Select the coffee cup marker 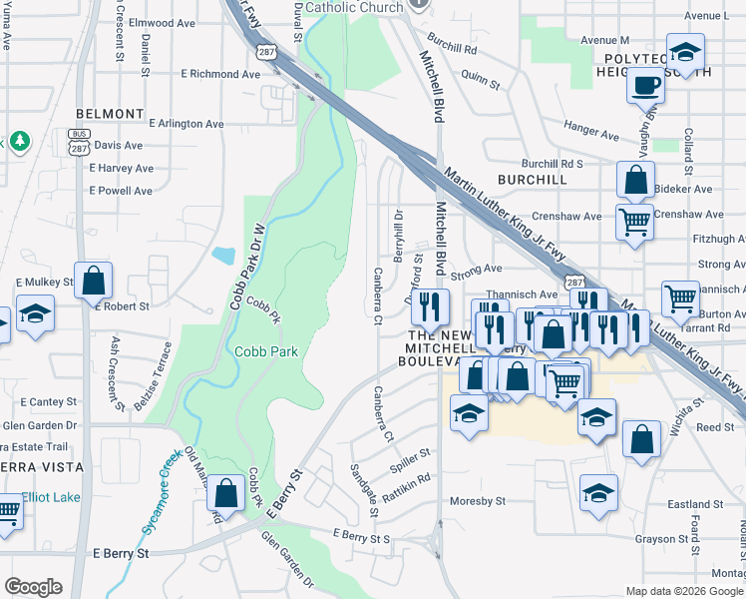(x=645, y=85)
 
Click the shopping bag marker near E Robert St (x=93, y=281)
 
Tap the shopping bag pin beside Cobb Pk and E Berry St (x=227, y=492)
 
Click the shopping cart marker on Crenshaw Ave (x=634, y=221)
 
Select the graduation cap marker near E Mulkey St (x=35, y=312)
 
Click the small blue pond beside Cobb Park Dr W (x=223, y=255)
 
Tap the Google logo (x=33, y=587)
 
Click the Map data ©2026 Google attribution (x=684, y=591)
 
